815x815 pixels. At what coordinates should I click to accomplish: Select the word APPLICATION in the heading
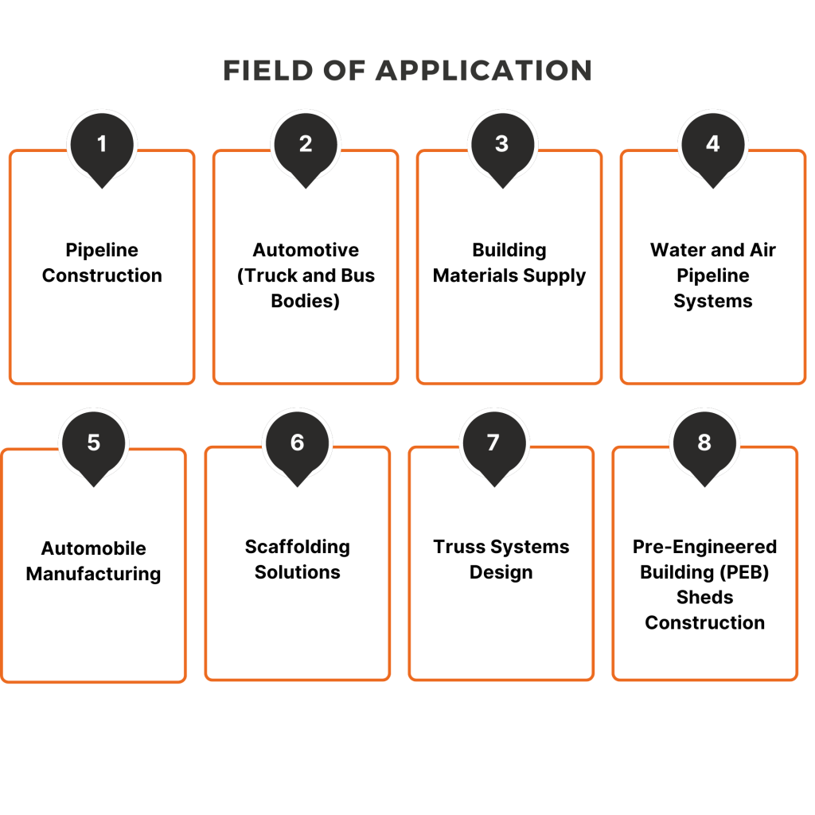[x=483, y=71]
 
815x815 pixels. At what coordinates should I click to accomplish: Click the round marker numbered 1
[x=102, y=144]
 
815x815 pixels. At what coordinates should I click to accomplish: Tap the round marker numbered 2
[x=306, y=144]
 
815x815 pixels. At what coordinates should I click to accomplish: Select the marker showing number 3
[x=501, y=144]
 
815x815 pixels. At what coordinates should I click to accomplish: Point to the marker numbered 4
[x=712, y=144]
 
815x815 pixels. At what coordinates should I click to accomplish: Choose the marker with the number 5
[x=94, y=443]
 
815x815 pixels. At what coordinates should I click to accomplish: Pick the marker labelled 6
[x=297, y=443]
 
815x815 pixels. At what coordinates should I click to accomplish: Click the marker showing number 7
[x=493, y=443]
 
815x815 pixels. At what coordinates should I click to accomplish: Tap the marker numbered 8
[x=704, y=443]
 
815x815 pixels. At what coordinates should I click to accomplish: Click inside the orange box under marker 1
[x=102, y=279]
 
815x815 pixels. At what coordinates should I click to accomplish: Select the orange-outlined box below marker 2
[x=306, y=279]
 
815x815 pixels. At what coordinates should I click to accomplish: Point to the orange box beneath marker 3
[x=509, y=279]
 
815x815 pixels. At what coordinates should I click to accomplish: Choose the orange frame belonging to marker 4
[x=713, y=279]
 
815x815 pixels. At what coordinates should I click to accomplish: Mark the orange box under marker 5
[x=94, y=577]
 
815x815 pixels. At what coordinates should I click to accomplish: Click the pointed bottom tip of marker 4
[x=712, y=187]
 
